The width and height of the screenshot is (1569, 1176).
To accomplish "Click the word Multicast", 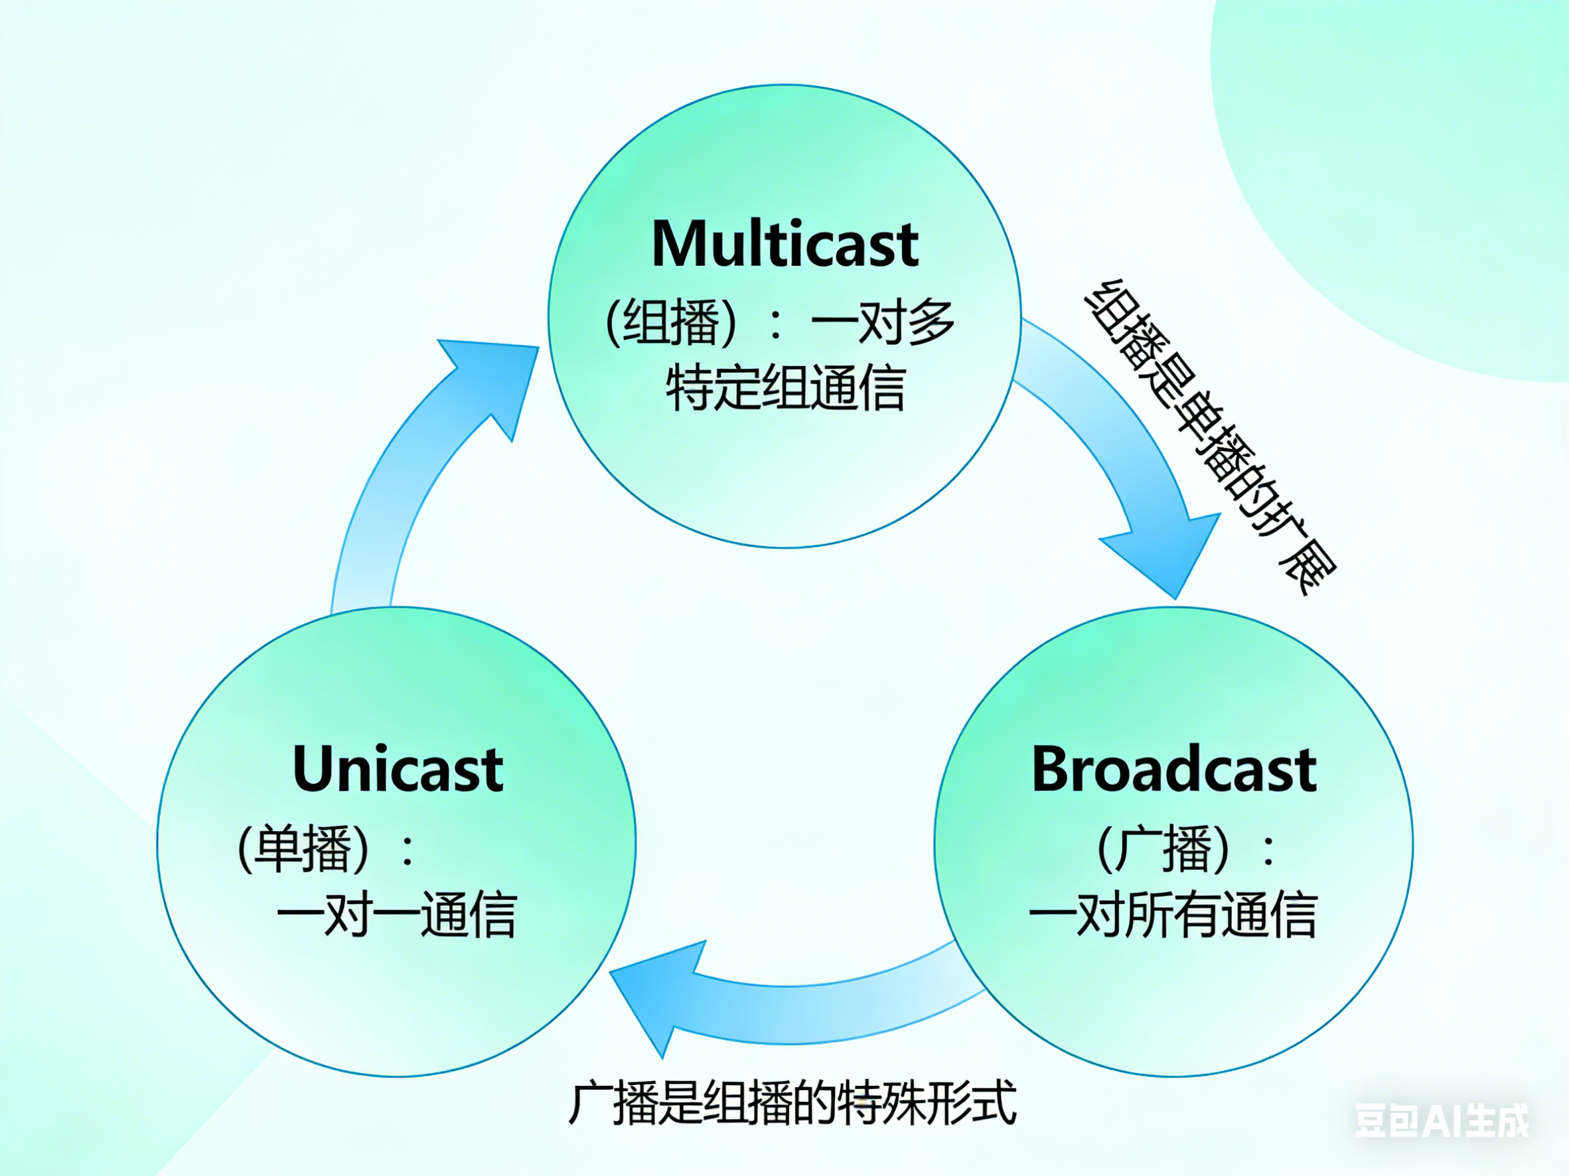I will (x=784, y=245).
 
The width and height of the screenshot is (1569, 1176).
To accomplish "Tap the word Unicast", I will (x=398, y=770).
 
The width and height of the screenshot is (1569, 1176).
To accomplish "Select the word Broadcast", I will (x=1174, y=770).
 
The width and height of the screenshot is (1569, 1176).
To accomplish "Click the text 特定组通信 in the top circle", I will (x=785, y=388).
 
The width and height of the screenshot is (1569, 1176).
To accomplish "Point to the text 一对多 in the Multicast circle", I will (x=883, y=322).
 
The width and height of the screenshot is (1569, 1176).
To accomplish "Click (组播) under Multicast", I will (x=671, y=323).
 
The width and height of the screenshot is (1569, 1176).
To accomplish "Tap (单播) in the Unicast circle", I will (x=303, y=848).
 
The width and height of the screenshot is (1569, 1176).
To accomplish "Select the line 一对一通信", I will (x=396, y=915).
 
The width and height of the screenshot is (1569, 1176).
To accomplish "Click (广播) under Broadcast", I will (x=1163, y=848).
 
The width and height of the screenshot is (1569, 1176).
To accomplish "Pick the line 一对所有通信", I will (x=1173, y=915).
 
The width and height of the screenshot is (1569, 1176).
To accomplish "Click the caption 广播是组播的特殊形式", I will (x=792, y=1103).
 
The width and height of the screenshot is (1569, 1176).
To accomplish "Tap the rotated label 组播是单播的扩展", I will (x=1210, y=436).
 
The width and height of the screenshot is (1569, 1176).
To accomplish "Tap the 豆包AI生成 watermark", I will (x=1442, y=1121).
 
